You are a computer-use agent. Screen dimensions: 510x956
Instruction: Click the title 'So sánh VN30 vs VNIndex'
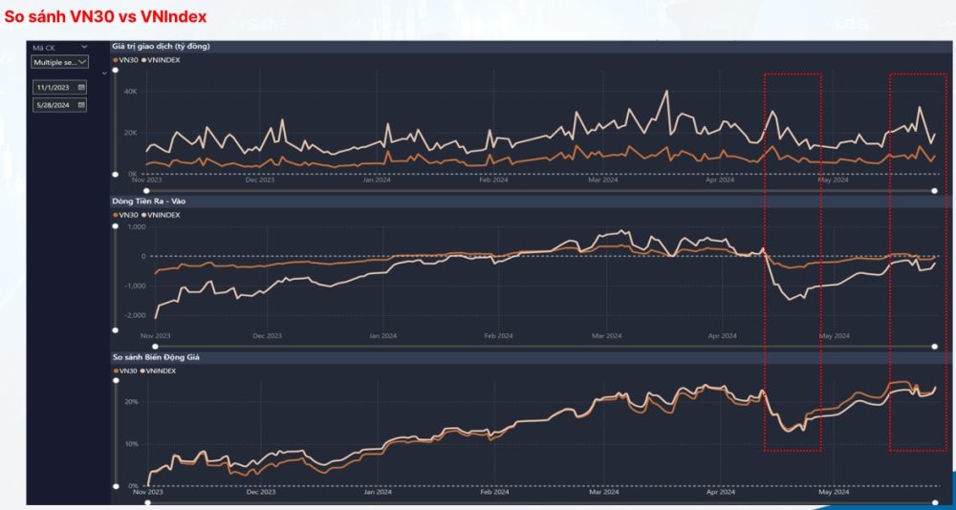click(105, 18)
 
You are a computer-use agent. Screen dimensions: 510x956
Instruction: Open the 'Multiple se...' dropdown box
click(59, 62)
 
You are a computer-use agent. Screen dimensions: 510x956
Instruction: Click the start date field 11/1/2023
click(59, 87)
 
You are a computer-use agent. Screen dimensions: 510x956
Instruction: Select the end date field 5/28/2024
click(59, 106)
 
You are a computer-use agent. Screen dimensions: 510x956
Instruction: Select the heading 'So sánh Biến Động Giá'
click(157, 357)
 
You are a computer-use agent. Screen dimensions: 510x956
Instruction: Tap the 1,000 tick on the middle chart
click(135, 227)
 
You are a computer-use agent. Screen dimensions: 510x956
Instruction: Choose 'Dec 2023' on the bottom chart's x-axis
click(260, 493)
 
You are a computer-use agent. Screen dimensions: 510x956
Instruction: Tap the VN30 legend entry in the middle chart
click(126, 215)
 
